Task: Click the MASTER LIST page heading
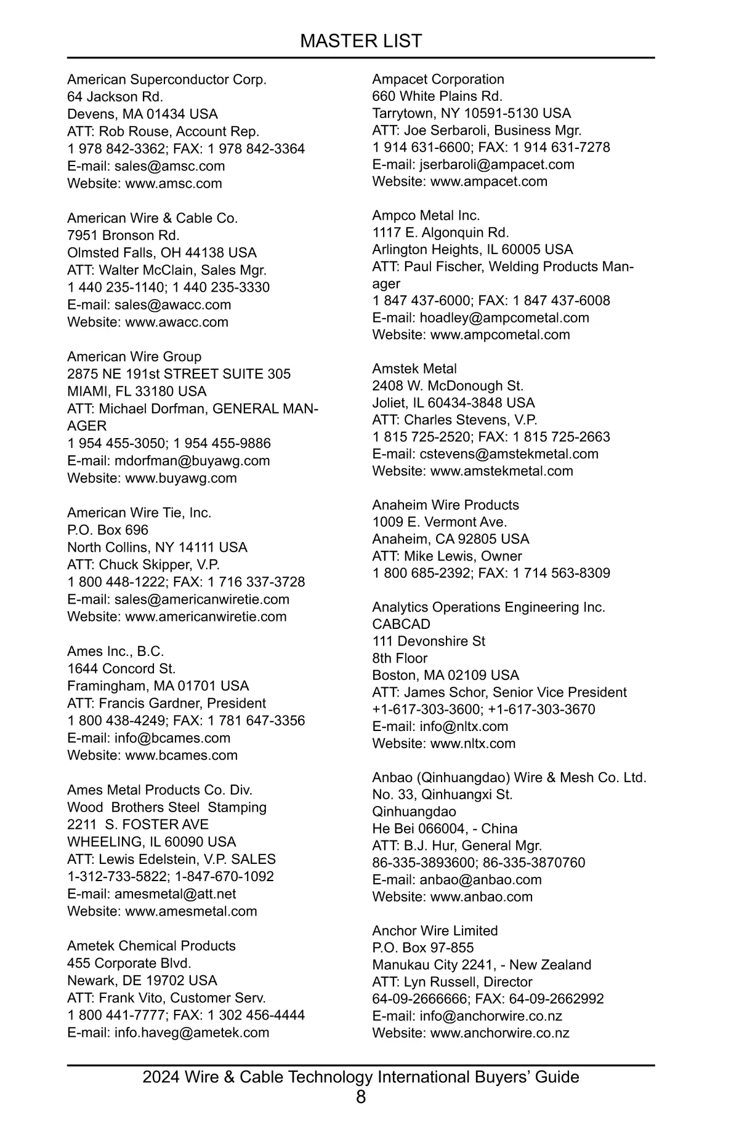(361, 41)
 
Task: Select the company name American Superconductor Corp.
(167, 80)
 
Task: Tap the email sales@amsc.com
(169, 166)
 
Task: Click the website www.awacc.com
(177, 322)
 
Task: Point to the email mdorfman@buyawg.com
(192, 461)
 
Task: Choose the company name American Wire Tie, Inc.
(139, 513)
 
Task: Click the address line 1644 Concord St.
(121, 669)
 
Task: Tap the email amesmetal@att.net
(175, 894)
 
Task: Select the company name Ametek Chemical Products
(151, 946)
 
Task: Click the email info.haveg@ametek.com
(192, 1032)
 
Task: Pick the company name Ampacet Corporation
(438, 79)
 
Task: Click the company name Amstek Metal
(414, 369)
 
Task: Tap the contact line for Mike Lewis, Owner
(447, 556)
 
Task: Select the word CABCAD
(401, 624)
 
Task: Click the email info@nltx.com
(464, 726)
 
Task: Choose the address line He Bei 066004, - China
(445, 829)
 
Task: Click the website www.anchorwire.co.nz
(499, 1033)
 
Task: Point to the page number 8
(361, 1096)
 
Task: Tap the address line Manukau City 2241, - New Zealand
(482, 965)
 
